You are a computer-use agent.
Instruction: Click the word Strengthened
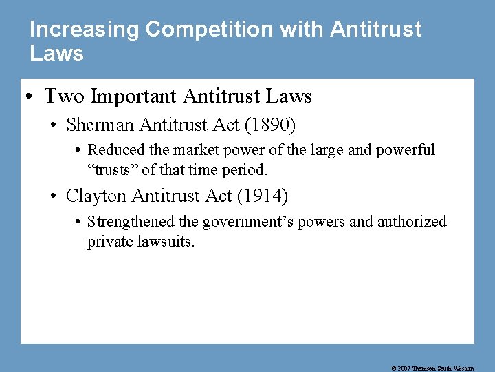(131, 221)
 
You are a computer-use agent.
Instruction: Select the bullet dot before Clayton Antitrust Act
(54, 196)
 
